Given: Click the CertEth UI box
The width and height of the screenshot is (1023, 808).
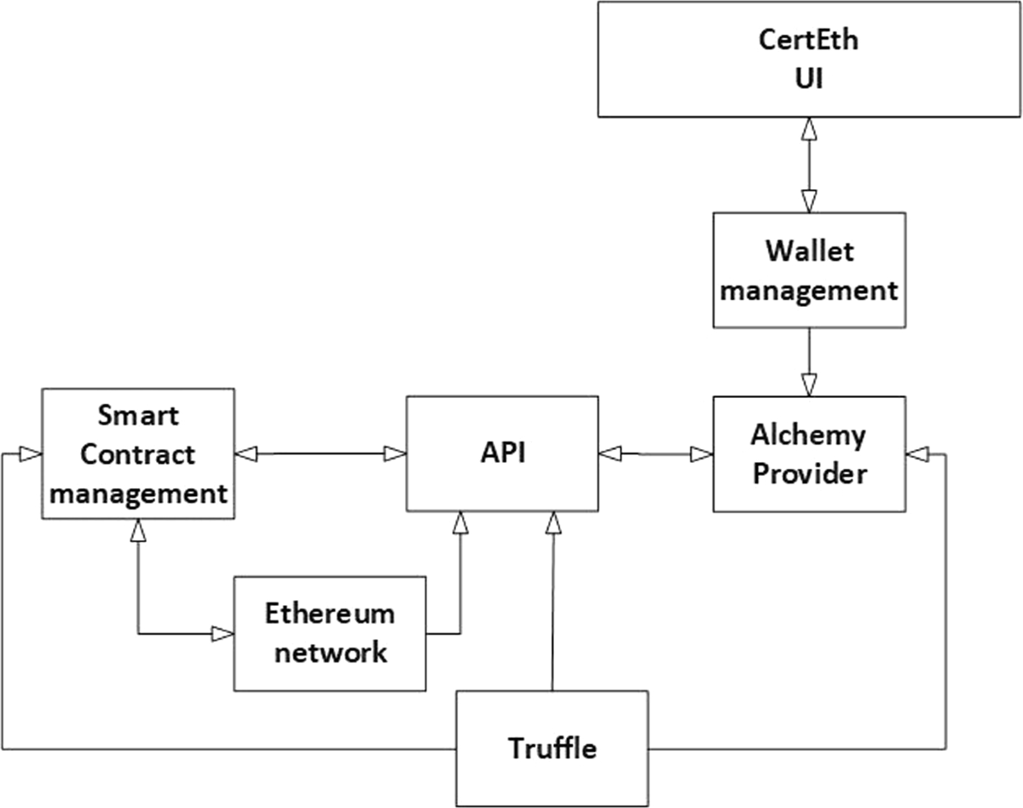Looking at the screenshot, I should [809, 59].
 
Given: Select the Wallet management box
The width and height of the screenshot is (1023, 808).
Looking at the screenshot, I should [808, 270].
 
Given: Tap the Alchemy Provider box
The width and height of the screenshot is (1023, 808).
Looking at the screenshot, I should [808, 453].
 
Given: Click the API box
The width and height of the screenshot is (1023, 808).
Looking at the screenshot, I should [501, 453].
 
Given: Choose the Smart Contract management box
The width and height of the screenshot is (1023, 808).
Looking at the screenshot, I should [137, 453].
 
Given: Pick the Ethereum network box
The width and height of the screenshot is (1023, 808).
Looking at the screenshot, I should [329, 633].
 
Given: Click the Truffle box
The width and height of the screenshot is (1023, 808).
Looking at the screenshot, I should [552, 748].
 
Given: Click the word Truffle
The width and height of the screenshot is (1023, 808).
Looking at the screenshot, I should [552, 748].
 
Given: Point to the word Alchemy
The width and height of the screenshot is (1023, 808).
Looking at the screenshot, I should [808, 435].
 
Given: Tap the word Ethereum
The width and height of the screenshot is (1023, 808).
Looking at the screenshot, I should [329, 614].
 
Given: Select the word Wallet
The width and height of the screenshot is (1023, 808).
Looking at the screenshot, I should [808, 251].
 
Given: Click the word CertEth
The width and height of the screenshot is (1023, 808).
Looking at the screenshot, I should [809, 41].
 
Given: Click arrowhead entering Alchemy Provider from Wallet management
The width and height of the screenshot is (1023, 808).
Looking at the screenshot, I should [808, 384].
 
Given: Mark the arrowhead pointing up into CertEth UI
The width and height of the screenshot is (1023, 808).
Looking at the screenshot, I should [808, 128].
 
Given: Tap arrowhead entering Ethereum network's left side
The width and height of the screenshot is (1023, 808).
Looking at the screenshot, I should [223, 633].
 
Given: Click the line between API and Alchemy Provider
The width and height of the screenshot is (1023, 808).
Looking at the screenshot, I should [656, 455].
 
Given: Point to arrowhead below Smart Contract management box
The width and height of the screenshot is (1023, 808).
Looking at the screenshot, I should [137, 531].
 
